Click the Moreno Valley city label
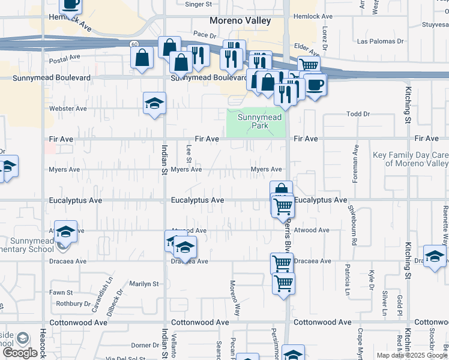[x=240, y=21]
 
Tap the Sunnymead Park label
[x=259, y=122]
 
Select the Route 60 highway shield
[x=136, y=43]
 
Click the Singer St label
[x=199, y=4]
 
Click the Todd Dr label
[x=358, y=113]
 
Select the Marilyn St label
[x=143, y=284]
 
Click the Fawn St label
[x=61, y=293]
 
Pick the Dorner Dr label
[x=145, y=345]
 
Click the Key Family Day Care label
[x=411, y=159]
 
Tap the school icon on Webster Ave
[x=154, y=103]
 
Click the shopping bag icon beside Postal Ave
[x=142, y=59]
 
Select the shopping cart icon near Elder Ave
[x=309, y=65]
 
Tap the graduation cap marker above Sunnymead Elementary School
[x=65, y=232]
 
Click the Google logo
[x=21, y=353]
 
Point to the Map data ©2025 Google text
[x=412, y=355]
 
